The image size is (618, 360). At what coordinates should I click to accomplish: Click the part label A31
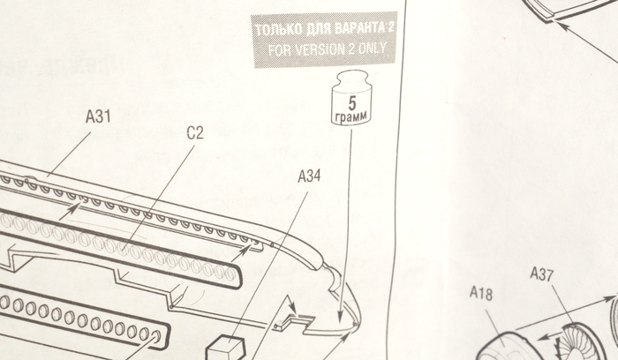click(98, 116)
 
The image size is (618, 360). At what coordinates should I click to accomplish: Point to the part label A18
click(481, 293)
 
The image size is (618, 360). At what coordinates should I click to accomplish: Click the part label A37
click(541, 275)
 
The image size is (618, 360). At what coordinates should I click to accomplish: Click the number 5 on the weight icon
click(351, 101)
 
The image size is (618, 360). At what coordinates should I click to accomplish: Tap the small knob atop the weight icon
click(351, 77)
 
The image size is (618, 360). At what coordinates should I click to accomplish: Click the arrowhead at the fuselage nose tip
click(341, 315)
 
